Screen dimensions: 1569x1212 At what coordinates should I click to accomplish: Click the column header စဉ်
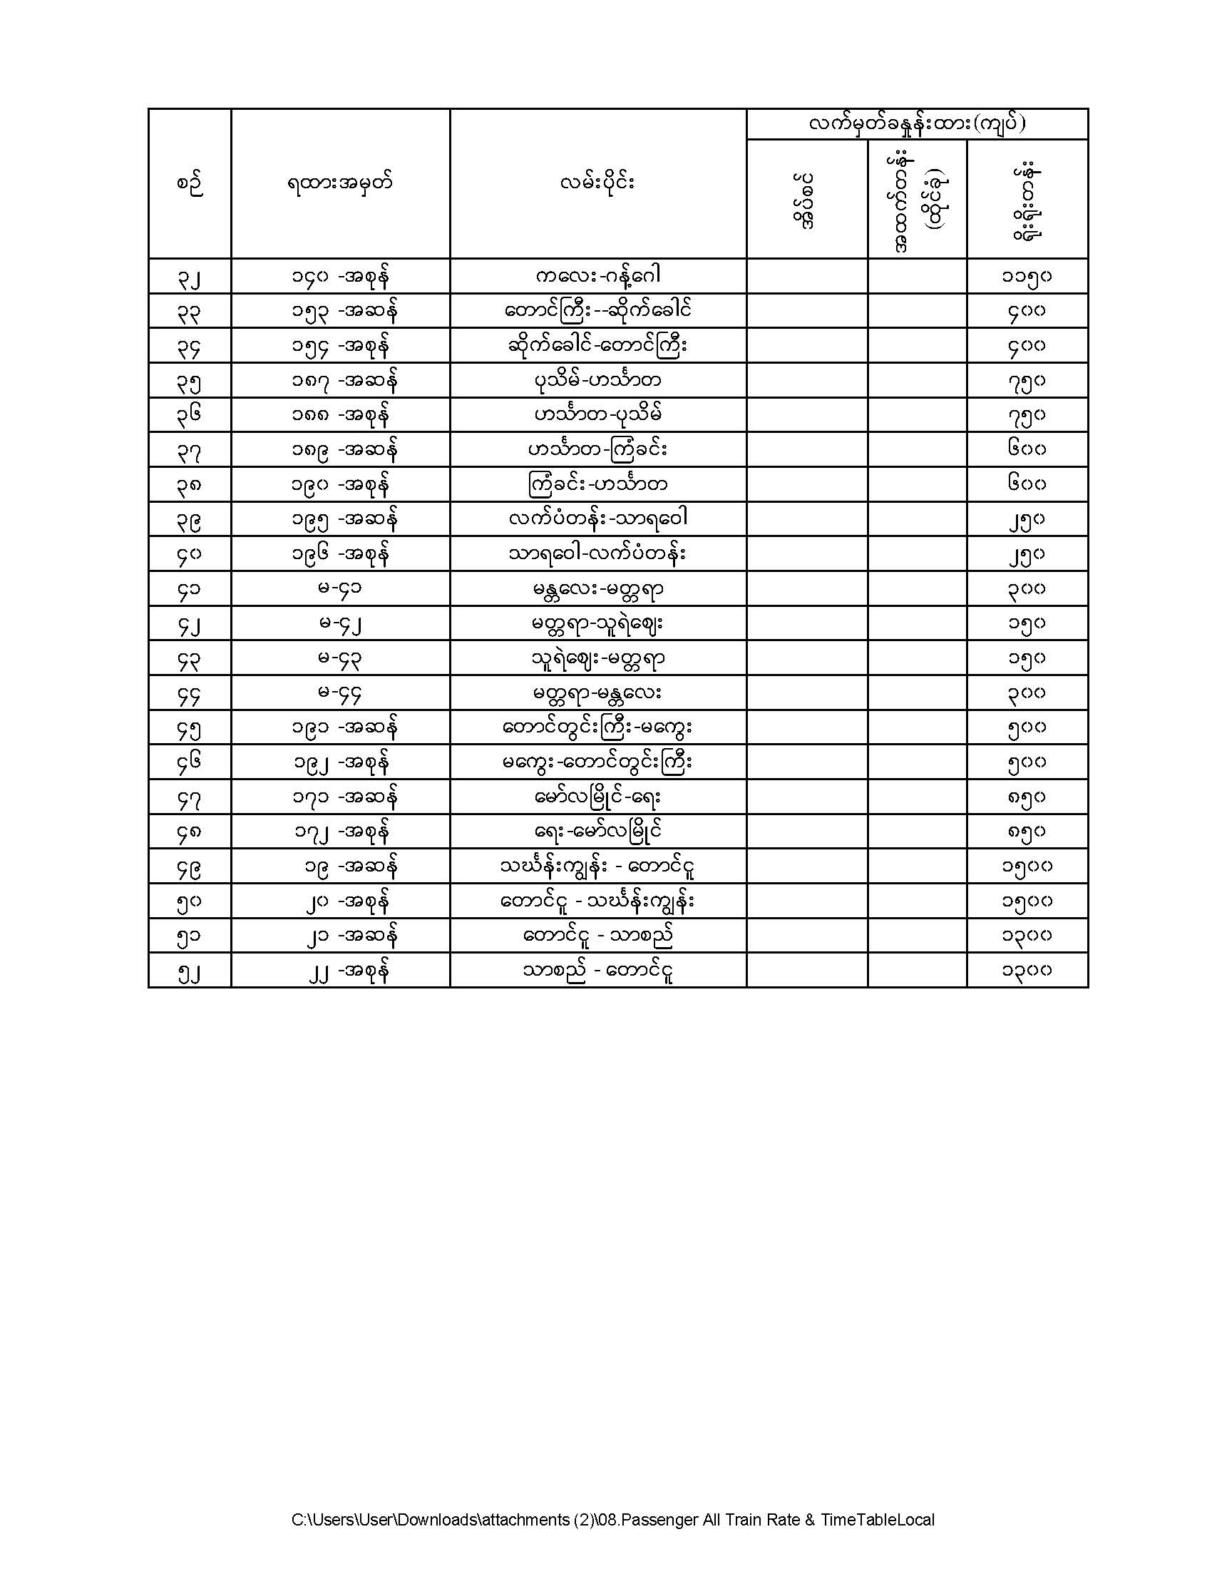pyautogui.click(x=190, y=184)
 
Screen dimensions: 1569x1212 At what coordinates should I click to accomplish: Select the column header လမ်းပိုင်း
pyautogui.click(x=597, y=184)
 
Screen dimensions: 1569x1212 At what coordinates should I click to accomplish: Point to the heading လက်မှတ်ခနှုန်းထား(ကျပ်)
pyautogui.click(x=917, y=123)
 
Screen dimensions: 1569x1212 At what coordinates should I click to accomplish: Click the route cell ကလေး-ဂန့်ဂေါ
pyautogui.click(x=597, y=276)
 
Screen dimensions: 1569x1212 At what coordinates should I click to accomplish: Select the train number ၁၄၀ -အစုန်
pyautogui.click(x=341, y=276)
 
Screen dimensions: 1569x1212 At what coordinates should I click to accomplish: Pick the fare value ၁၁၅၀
pyautogui.click(x=1027, y=276)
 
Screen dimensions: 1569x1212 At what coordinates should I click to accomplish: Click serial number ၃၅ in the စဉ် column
pyautogui.click(x=190, y=381)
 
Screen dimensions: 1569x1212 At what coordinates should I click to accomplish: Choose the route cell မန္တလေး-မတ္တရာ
pyautogui.click(x=597, y=589)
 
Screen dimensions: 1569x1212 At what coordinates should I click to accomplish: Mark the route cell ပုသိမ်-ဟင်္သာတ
pyautogui.click(x=597, y=380)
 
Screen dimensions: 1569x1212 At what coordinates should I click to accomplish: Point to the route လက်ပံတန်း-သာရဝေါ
pyautogui.click(x=597, y=518)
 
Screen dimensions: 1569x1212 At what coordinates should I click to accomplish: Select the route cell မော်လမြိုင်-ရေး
pyautogui.click(x=597, y=797)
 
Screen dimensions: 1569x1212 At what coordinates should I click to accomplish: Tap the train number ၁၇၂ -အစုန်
pyautogui.click(x=341, y=832)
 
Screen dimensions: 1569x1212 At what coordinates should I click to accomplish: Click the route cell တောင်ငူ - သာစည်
pyautogui.click(x=597, y=936)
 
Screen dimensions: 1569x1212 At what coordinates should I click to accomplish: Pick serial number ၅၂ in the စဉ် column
pyautogui.click(x=190, y=971)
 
